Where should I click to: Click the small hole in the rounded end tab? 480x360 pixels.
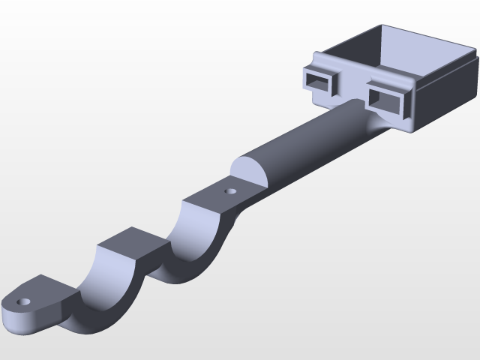pyautogui.click(x=25, y=301)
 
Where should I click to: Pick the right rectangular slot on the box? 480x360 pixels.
pyautogui.click(x=388, y=97)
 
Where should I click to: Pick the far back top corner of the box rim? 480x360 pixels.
pyautogui.click(x=384, y=26)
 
